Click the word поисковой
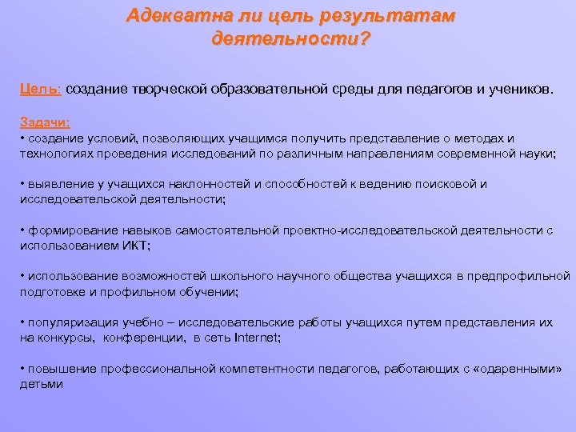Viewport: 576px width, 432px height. coord(442,184)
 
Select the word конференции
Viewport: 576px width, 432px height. coord(146,338)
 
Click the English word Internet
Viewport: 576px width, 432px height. coord(255,338)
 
